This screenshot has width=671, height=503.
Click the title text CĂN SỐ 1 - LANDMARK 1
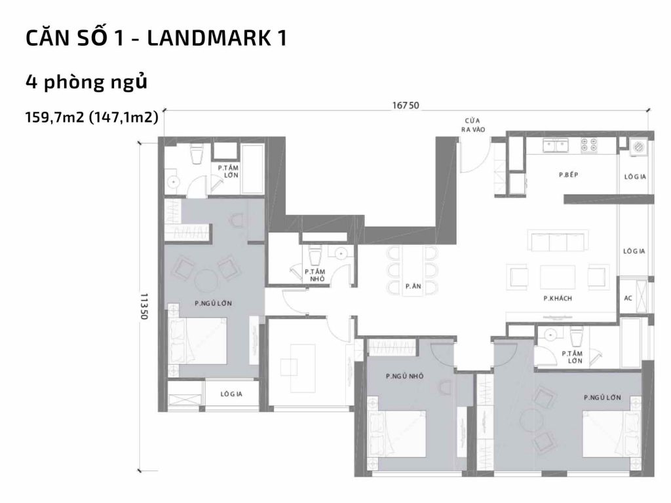click(156, 38)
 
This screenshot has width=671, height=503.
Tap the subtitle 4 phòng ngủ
click(85, 83)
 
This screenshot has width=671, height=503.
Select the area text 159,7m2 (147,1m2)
click(91, 118)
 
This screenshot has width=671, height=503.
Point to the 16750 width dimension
click(406, 105)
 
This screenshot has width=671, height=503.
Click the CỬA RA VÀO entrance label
click(470, 124)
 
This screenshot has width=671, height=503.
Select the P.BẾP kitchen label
click(567, 175)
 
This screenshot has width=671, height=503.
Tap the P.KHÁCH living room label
click(558, 299)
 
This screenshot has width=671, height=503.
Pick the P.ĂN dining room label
click(412, 286)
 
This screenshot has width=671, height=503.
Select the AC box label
click(628, 298)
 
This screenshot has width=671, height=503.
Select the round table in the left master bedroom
click(205, 280)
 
